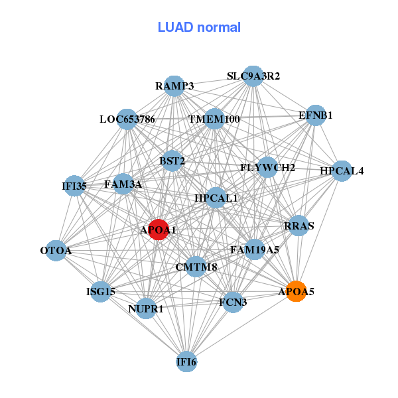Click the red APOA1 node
[158, 230]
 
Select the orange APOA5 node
[296, 291]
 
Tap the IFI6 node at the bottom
[186, 362]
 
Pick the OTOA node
[56, 251]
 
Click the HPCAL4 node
[341, 171]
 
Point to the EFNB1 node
[315, 115]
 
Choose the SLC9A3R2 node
[253, 76]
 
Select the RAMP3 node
[174, 86]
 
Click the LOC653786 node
[127, 119]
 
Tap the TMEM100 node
[214, 119]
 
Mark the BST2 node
[172, 161]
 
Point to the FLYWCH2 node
[268, 167]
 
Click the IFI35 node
[74, 186]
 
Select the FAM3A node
[123, 184]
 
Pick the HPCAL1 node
[216, 198]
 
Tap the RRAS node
[298, 226]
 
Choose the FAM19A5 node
[255, 250]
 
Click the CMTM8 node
[196, 267]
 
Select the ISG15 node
[100, 291]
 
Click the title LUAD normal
[199, 27]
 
